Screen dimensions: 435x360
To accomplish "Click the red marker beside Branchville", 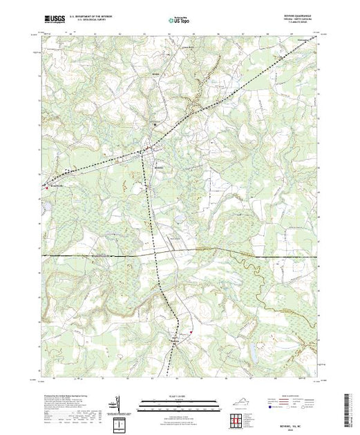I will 45,185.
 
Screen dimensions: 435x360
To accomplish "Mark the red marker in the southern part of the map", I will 190,330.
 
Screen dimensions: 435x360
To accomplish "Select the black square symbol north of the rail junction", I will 155,124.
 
